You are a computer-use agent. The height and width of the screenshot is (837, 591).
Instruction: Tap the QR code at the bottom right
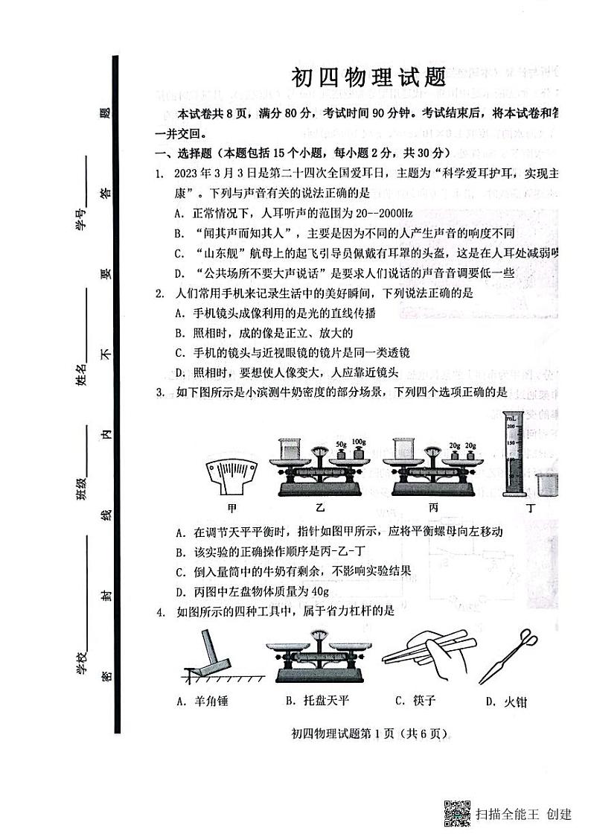click(x=457, y=812)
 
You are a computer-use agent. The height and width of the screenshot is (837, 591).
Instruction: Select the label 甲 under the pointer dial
click(x=232, y=508)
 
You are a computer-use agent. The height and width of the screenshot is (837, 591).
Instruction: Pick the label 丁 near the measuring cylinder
click(x=551, y=508)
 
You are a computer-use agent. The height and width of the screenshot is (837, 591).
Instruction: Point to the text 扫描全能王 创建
click(x=524, y=813)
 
